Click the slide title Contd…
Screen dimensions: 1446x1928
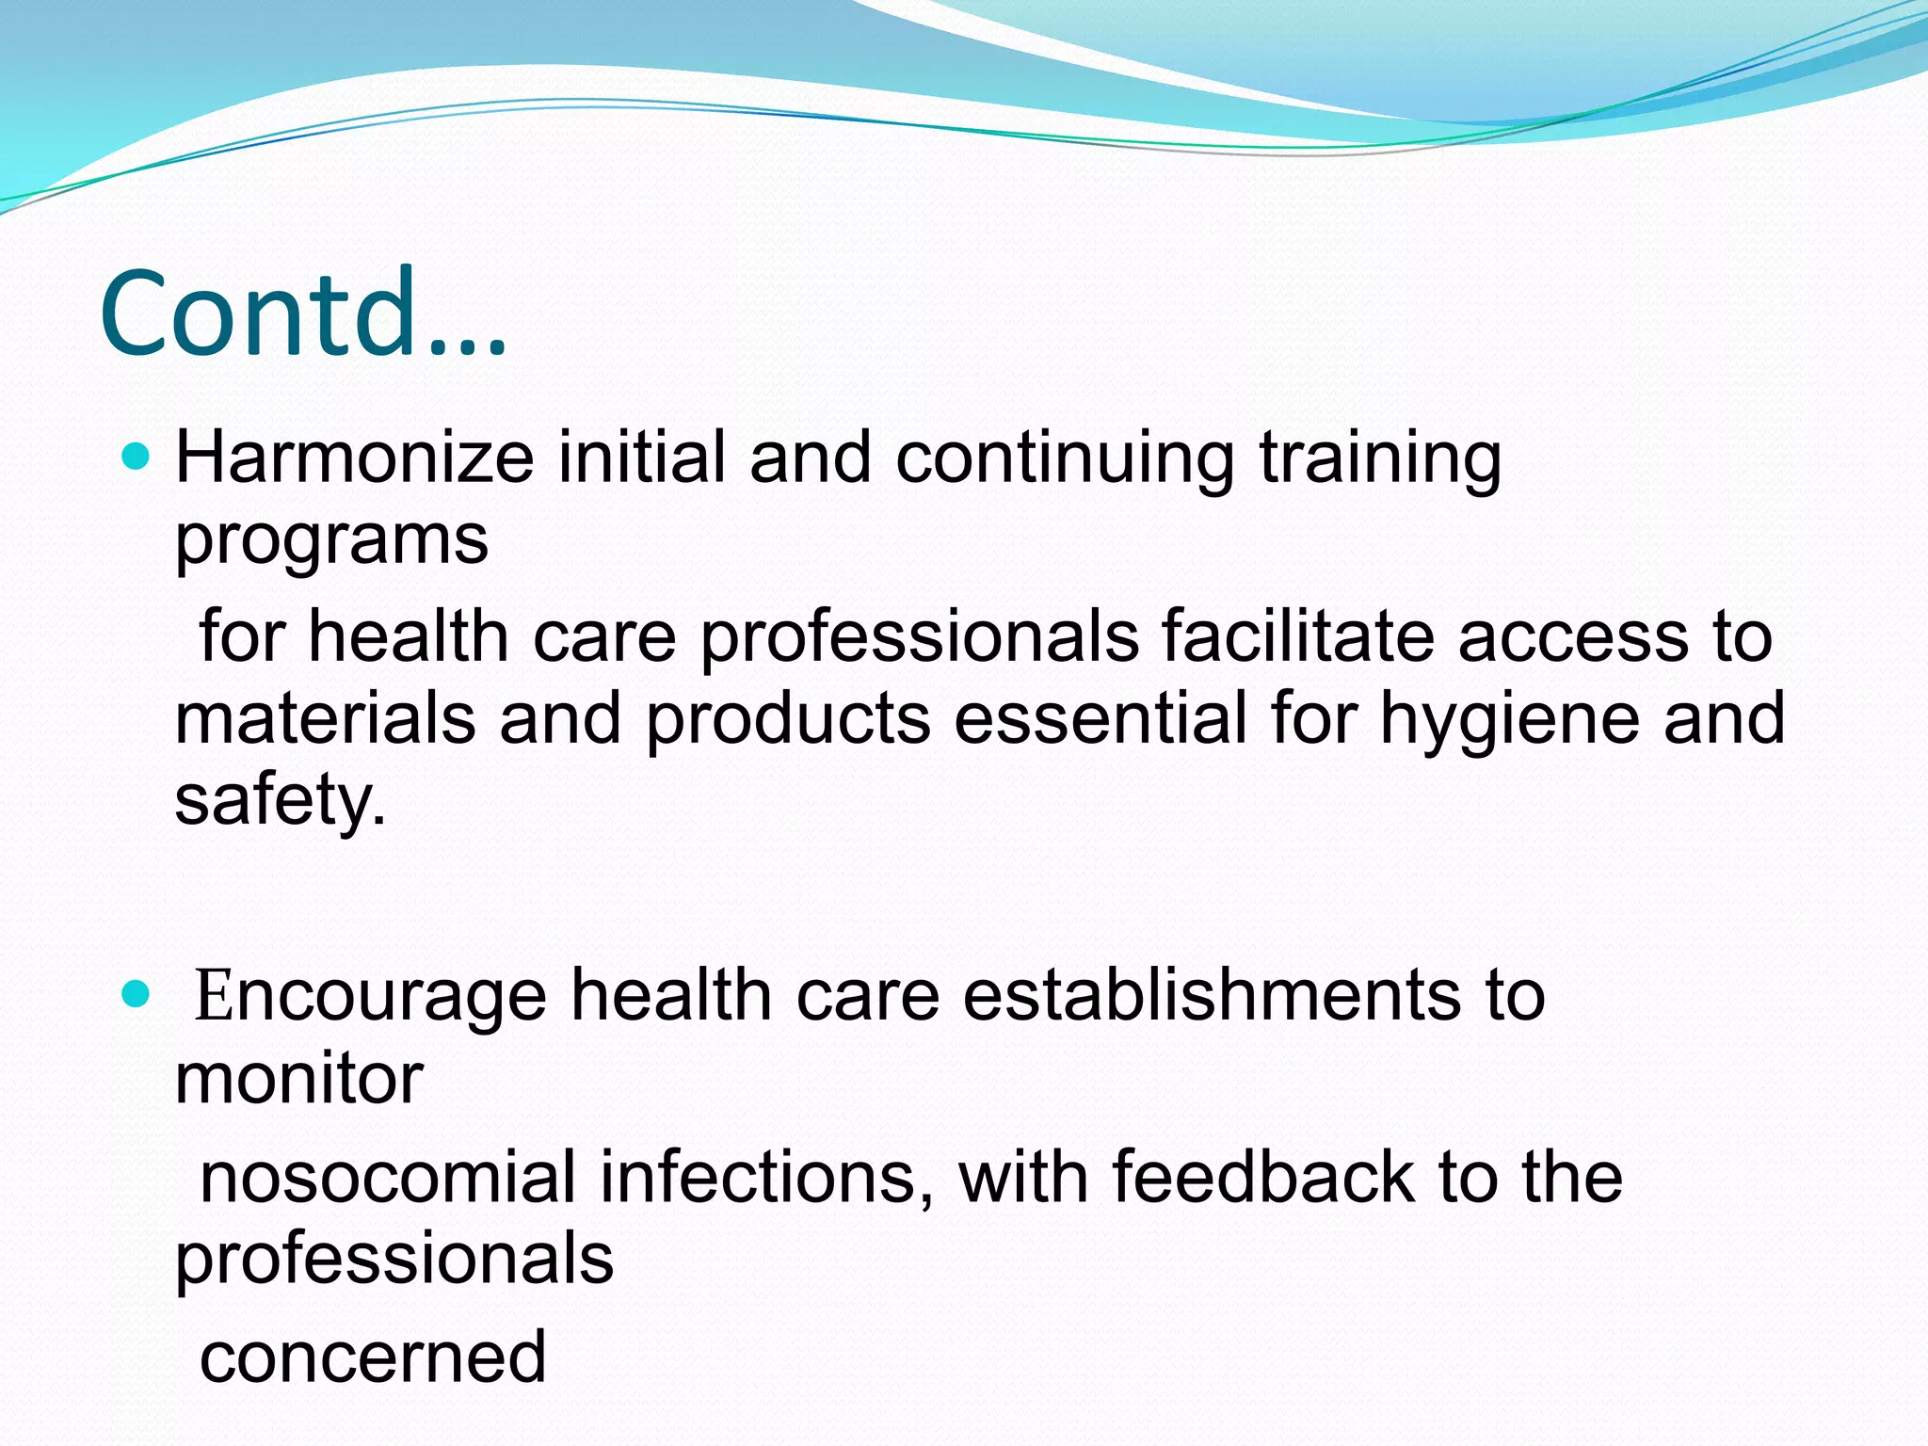pyautogui.click(x=303, y=313)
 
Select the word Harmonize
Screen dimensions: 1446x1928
pyautogui.click(x=355, y=458)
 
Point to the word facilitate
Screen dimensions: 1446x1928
pyautogui.click(x=1297, y=637)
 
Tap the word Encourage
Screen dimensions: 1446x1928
pyautogui.click(x=370, y=996)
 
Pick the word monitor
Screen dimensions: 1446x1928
pyautogui.click(x=298, y=1079)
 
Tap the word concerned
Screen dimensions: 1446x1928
pyautogui.click(x=373, y=1358)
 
